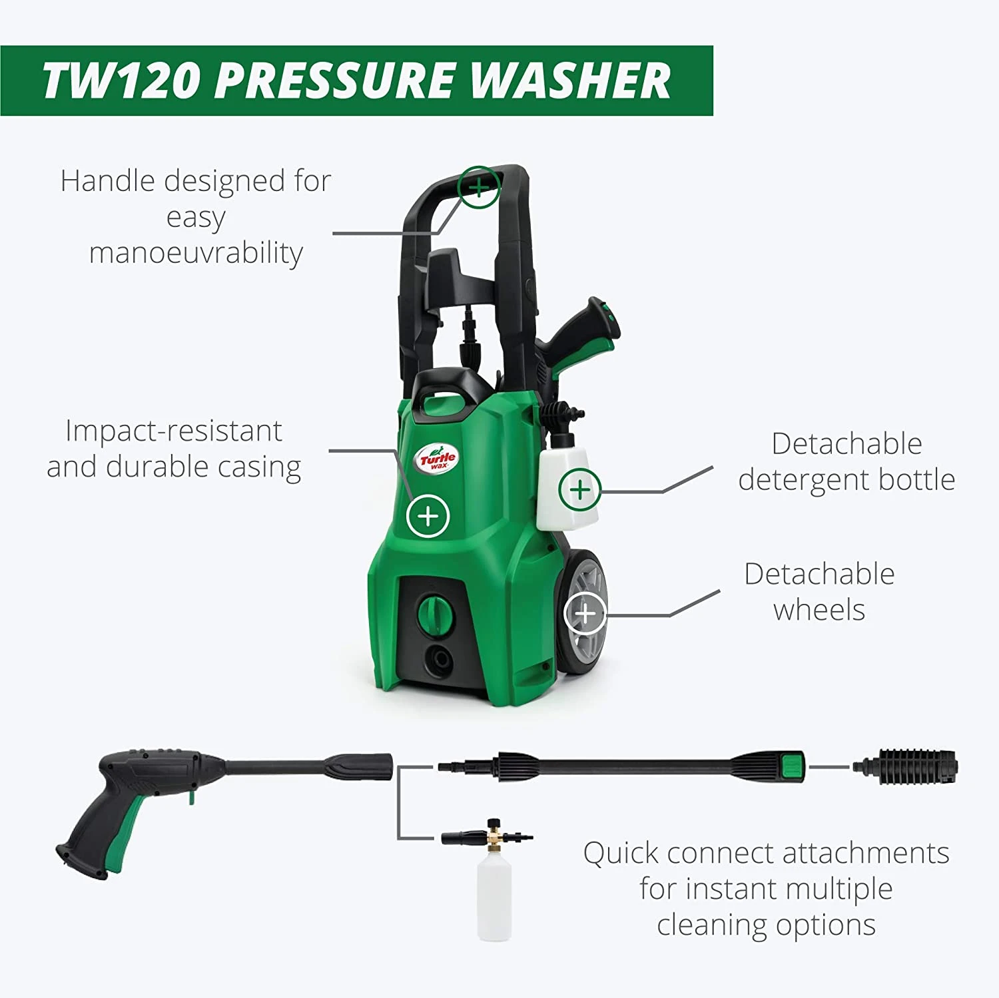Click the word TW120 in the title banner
click(x=122, y=81)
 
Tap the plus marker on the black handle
click(x=479, y=187)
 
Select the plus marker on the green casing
click(x=428, y=516)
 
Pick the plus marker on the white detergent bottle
click(x=580, y=490)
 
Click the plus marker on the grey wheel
click(x=585, y=613)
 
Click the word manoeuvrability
click(x=196, y=253)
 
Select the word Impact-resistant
click(x=174, y=431)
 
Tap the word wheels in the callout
click(x=819, y=609)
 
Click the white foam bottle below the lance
click(x=494, y=897)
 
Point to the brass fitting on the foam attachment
click(x=494, y=836)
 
